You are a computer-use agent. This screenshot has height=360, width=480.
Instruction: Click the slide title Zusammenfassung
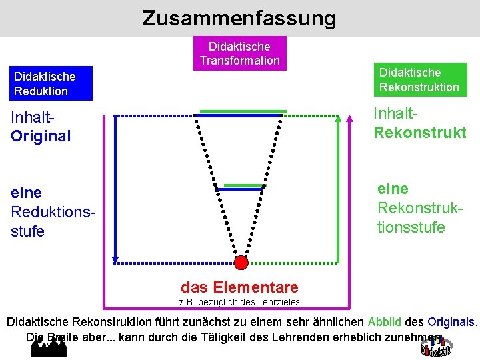pyautogui.click(x=239, y=18)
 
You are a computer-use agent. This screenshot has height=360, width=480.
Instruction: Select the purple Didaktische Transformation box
pyautogui.click(x=239, y=53)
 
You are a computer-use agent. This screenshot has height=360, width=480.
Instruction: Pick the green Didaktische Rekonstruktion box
pyautogui.click(x=419, y=79)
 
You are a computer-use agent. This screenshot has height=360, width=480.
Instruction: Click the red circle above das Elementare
pyautogui.click(x=241, y=263)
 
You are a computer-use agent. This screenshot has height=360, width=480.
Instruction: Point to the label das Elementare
pyautogui.click(x=239, y=287)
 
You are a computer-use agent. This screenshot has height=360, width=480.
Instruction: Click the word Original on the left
pyautogui.click(x=41, y=137)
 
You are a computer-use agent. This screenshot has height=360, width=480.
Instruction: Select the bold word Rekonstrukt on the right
pyautogui.click(x=420, y=133)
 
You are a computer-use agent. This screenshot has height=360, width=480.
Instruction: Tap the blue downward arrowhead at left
pyautogui.click(x=115, y=260)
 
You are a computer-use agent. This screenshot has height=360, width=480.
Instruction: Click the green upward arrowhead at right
pyautogui.click(x=339, y=119)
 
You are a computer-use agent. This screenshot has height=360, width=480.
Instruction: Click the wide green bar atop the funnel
pyautogui.click(x=243, y=111)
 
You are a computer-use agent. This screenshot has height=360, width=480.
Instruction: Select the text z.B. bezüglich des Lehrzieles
pyautogui.click(x=239, y=303)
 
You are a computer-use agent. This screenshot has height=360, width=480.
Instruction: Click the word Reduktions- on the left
pyautogui.click(x=50, y=212)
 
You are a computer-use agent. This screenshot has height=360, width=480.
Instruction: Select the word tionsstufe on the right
pyautogui.click(x=411, y=227)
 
